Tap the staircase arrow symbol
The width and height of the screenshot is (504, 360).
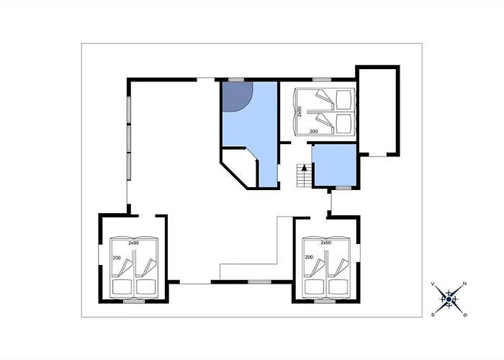click(x=304, y=168)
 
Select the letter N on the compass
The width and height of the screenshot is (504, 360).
click(x=464, y=284)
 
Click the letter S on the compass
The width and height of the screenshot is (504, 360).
click(x=433, y=315)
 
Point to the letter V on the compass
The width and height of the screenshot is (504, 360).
click(x=433, y=284)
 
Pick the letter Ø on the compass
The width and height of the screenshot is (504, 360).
click(x=465, y=315)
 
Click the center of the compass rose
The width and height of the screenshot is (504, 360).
click(x=449, y=300)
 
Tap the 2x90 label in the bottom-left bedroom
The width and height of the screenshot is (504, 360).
click(x=133, y=243)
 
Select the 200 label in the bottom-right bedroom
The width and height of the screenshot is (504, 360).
click(x=309, y=257)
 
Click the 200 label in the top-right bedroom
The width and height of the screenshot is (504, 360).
click(x=313, y=132)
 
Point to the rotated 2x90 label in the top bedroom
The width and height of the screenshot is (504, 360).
click(x=300, y=112)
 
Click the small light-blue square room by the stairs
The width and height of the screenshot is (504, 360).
click(x=336, y=165)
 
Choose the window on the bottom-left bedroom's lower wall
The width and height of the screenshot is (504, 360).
click(x=134, y=301)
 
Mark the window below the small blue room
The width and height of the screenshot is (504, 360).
click(x=343, y=188)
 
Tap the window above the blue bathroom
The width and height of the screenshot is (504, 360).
click(x=236, y=80)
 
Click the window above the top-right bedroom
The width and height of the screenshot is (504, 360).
click(x=322, y=80)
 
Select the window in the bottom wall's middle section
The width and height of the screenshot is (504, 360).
click(x=259, y=282)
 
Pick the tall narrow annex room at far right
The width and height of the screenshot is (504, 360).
click(x=377, y=111)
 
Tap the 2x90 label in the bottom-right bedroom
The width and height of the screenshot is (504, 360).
click(x=326, y=243)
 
